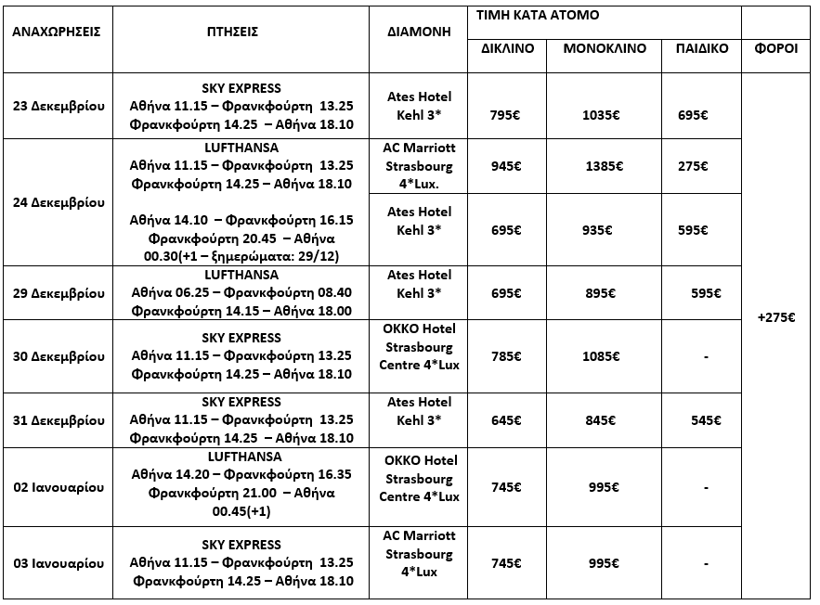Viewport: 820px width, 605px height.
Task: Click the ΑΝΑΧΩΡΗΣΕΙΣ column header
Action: click(57, 31)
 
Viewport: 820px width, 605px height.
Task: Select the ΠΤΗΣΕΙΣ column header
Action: click(240, 31)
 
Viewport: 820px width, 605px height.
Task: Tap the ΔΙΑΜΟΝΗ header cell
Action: click(419, 31)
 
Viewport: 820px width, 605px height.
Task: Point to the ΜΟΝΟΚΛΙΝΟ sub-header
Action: click(605, 48)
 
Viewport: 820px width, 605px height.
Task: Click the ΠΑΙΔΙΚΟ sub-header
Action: click(701, 48)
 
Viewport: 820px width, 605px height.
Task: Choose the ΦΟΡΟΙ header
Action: click(776, 48)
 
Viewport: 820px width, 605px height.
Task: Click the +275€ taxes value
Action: click(776, 316)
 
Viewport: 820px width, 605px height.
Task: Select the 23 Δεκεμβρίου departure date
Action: click(59, 106)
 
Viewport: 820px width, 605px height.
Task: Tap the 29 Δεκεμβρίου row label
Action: click(59, 293)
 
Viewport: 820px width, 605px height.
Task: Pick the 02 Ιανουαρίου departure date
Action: click(59, 488)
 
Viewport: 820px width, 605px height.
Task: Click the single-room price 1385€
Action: click(604, 167)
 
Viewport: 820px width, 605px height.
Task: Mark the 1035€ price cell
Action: click(601, 115)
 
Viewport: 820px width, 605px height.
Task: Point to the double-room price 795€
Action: click(506, 115)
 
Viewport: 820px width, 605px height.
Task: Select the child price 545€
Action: click(706, 420)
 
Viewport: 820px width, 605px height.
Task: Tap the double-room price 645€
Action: click(506, 420)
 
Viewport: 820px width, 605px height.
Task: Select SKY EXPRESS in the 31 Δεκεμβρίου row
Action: click(241, 402)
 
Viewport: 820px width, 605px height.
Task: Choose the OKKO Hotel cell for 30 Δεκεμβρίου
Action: click(419, 347)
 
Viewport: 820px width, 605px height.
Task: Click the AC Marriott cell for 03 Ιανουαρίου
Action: click(419, 554)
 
